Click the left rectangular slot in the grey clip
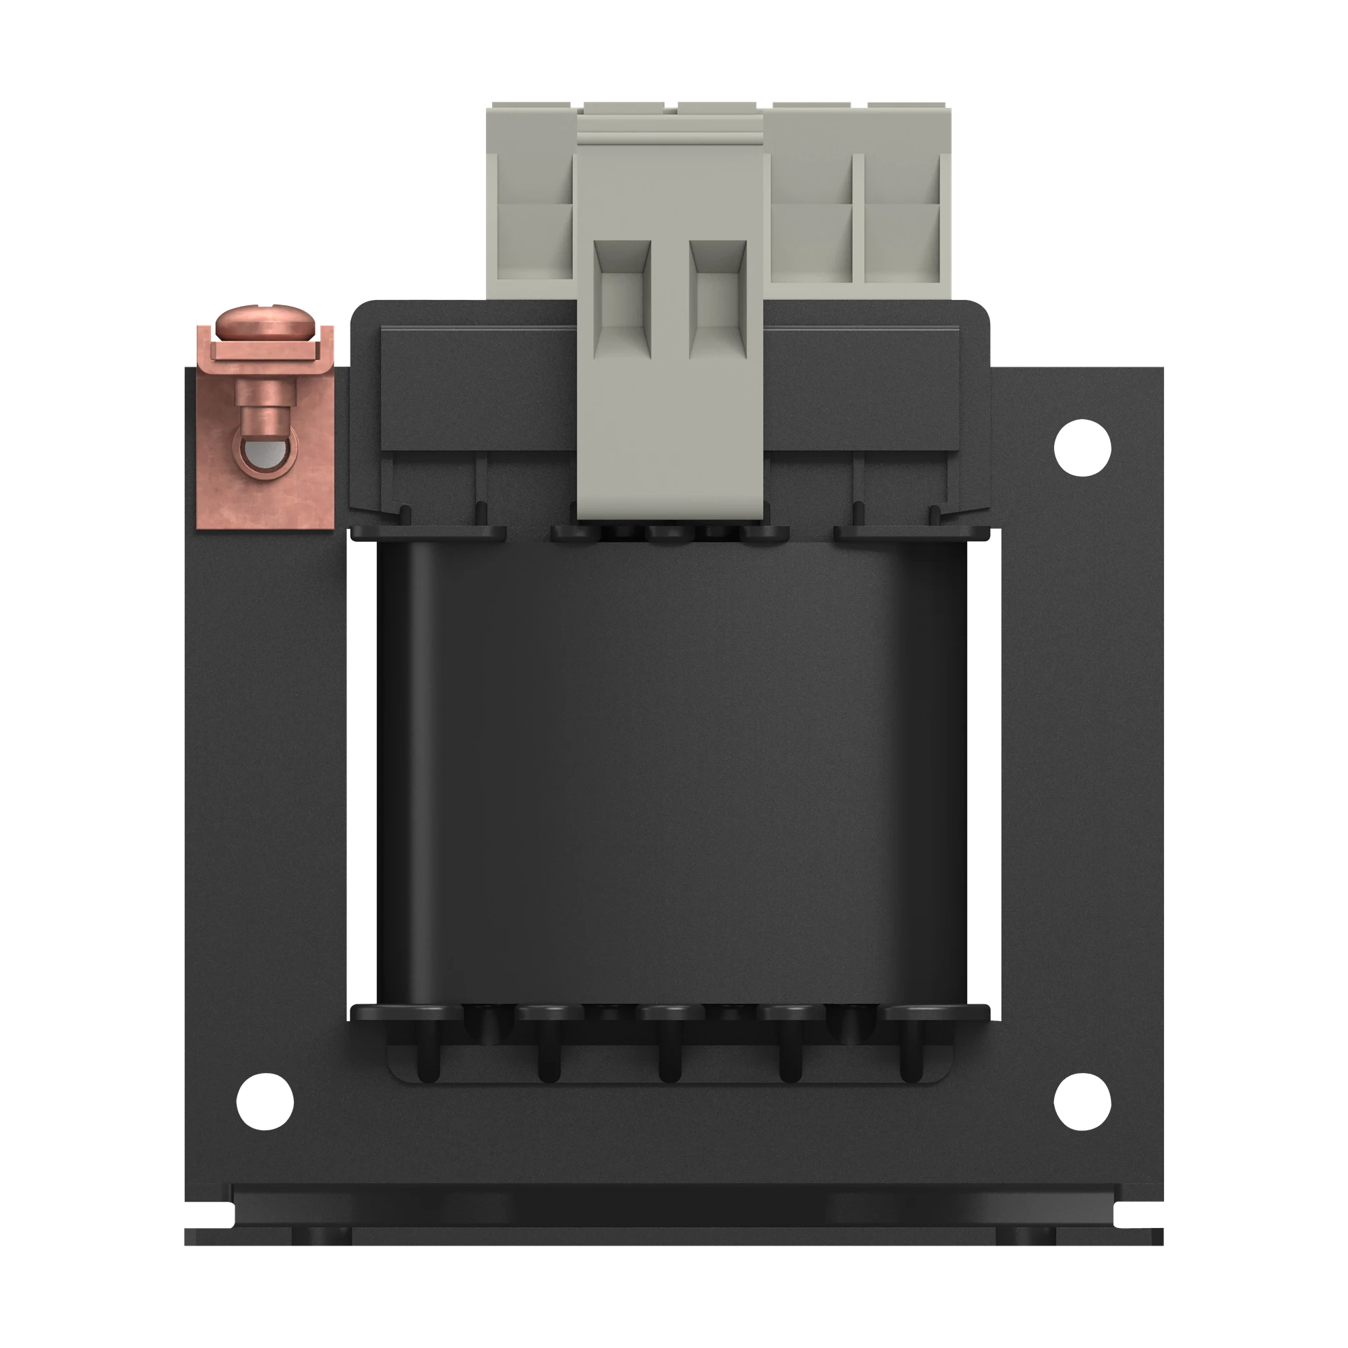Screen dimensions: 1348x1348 point(621,297)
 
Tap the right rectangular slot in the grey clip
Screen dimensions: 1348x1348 point(718,297)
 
